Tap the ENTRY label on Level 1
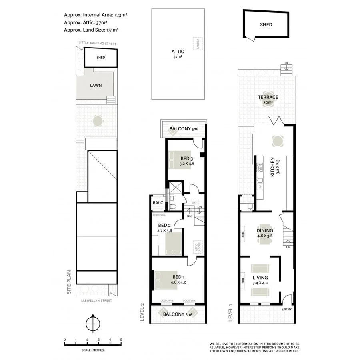(x=286, y=309)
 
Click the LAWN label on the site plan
(x=96, y=85)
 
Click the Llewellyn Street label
(x=96, y=300)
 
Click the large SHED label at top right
(x=266, y=24)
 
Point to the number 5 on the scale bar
(x=121, y=340)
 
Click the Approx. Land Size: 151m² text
(x=91, y=29)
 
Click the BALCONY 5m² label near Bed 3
(x=184, y=129)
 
